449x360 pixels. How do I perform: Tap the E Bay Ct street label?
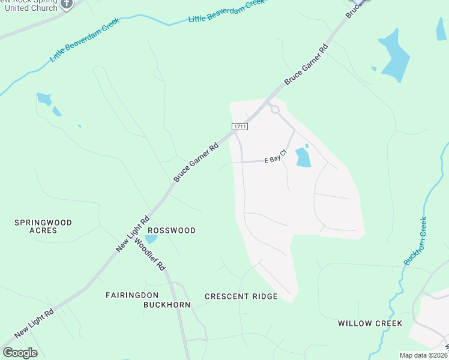(x=277, y=160)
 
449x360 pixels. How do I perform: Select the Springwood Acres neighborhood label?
(x=43, y=226)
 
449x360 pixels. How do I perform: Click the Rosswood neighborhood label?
(x=172, y=230)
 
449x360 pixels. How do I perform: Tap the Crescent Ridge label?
(x=241, y=296)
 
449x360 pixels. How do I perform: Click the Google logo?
(x=20, y=353)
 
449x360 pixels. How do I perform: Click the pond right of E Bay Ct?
(x=303, y=157)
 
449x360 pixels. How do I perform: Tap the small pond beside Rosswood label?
(x=150, y=239)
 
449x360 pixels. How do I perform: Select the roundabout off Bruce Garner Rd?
(x=275, y=109)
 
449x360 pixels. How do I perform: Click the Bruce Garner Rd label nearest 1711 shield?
(x=196, y=163)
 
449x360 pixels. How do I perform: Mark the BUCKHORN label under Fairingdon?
(x=166, y=305)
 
